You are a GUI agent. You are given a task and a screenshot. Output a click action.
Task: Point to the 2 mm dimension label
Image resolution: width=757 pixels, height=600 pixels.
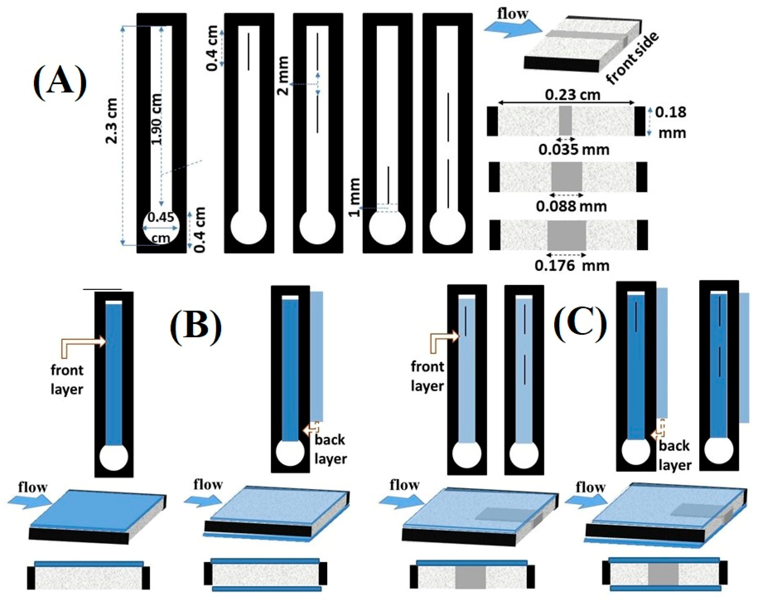click(283, 75)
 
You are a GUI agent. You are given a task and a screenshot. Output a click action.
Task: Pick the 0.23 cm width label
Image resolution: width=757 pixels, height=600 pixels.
click(572, 95)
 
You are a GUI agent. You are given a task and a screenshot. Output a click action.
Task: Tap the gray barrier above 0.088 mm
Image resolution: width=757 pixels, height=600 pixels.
click(566, 177)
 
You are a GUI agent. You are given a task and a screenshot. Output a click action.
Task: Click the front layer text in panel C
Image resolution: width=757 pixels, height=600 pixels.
click(427, 376)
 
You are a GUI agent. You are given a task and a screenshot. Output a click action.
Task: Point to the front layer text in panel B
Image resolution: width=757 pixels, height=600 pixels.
click(67, 380)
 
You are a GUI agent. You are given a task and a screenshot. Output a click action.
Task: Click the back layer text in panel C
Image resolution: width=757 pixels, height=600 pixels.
click(674, 456)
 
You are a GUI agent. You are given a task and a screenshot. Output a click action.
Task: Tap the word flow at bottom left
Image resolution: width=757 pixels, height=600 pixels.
click(33, 488)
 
